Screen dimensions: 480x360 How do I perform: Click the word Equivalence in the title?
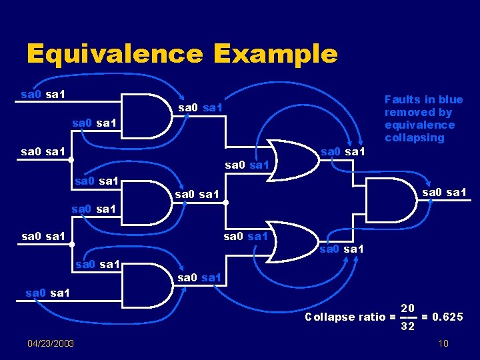coord(115,54)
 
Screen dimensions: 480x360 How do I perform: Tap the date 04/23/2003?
coord(51,343)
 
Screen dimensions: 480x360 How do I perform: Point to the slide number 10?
coord(443,343)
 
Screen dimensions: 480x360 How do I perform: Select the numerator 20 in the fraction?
coord(408,308)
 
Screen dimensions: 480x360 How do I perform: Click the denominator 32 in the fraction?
coord(408,327)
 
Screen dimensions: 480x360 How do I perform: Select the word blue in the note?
coord(450,99)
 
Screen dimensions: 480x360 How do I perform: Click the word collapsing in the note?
coord(414,137)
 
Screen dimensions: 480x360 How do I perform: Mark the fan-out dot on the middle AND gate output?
coord(227,201)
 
